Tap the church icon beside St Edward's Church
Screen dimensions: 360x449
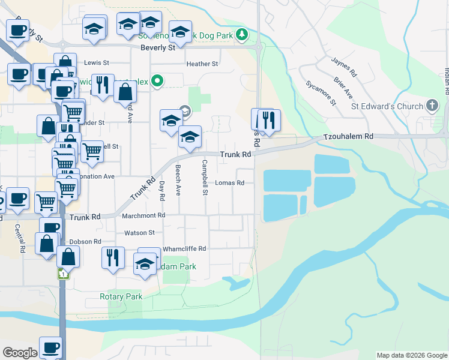(x=432, y=106)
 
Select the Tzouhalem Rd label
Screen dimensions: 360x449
(x=348, y=137)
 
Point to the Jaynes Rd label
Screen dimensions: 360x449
(x=344, y=67)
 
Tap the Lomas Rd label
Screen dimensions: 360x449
(x=230, y=183)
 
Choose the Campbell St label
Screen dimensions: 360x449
(x=205, y=178)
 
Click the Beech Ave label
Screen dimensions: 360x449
(x=178, y=181)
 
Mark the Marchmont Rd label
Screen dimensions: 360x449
(x=143, y=215)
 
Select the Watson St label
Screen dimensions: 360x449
(x=139, y=233)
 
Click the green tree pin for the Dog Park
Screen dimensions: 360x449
(x=242, y=34)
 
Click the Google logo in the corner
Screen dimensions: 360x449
(x=20, y=353)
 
